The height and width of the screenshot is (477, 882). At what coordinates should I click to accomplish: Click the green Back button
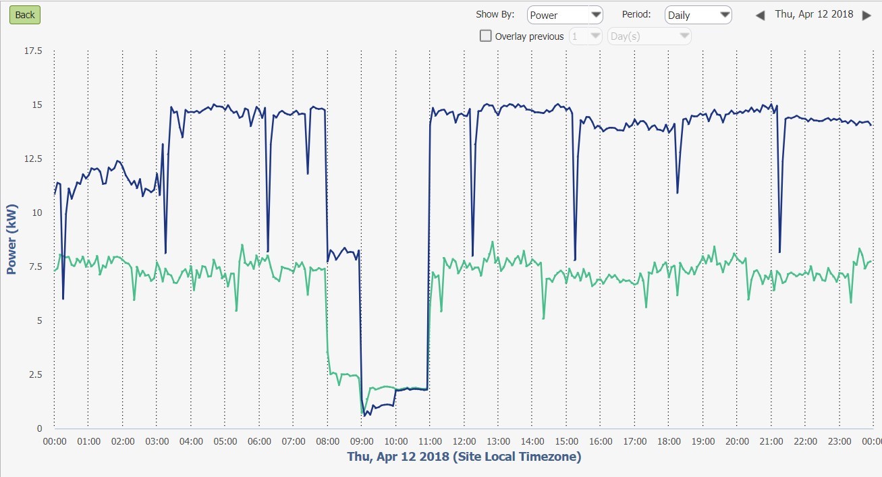click(25, 15)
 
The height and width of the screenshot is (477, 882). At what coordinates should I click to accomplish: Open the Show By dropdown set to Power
click(565, 15)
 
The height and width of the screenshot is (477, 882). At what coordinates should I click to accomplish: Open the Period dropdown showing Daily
click(698, 15)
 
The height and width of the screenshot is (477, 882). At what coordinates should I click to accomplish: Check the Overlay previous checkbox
click(486, 36)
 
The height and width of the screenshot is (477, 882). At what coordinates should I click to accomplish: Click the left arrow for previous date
click(760, 15)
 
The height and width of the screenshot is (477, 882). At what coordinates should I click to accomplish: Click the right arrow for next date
click(867, 15)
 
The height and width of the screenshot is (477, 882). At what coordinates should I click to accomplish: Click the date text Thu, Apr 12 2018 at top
click(814, 14)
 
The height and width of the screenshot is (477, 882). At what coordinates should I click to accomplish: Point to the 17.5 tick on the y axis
click(33, 51)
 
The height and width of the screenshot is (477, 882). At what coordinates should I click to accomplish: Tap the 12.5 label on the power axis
click(33, 159)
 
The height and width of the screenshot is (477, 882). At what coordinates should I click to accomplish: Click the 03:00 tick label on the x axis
click(157, 441)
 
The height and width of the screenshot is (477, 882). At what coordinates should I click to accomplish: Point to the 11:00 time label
click(430, 441)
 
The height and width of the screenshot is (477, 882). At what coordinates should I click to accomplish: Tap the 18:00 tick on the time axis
click(669, 441)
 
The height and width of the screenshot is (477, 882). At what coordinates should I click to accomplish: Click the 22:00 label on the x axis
click(805, 441)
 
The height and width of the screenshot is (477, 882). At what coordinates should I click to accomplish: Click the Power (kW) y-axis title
click(11, 240)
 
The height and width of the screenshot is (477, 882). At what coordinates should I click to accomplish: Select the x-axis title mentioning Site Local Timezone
click(464, 457)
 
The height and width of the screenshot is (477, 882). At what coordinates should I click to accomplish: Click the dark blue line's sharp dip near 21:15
click(780, 252)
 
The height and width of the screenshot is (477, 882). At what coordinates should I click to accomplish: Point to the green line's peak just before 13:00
click(493, 242)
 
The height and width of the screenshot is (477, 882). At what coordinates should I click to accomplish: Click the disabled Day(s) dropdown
click(649, 36)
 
